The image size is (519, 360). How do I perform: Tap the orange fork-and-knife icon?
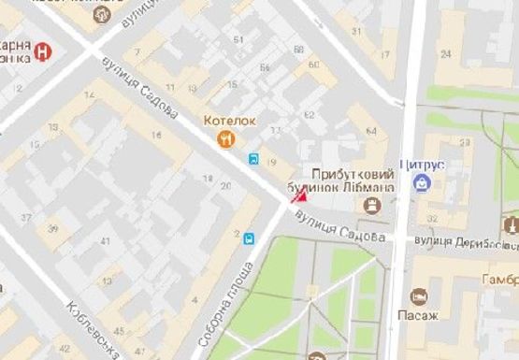pos(225,139)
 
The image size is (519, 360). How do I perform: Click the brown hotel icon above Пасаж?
pos(419,296)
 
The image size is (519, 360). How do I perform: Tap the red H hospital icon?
pos(44,53)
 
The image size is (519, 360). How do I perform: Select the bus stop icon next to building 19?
pos(254,159)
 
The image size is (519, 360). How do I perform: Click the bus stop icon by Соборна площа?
pos(249,238)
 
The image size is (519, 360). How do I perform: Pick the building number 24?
pos(446,53)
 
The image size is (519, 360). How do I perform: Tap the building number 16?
pos(156,137)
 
